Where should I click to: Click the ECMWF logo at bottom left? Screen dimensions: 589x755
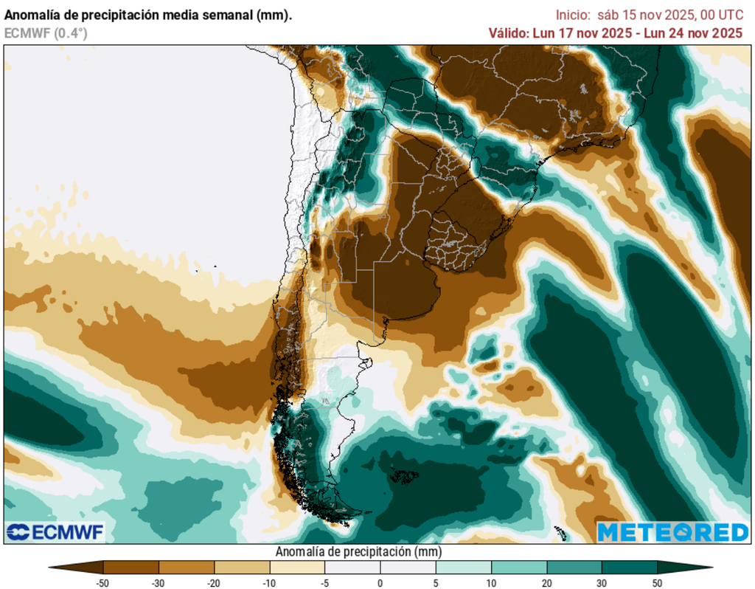55,532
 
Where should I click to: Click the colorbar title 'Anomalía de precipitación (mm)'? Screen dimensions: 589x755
358,552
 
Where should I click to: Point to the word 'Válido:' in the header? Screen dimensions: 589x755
508,32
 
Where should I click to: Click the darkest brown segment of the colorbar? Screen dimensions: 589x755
77,568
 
